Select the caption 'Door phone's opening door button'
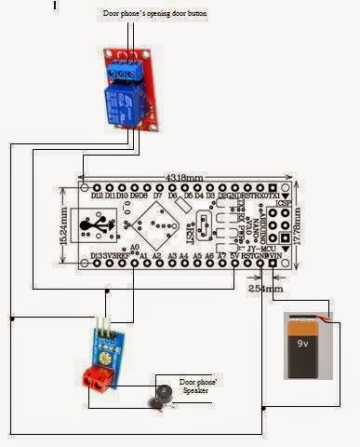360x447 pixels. pyautogui.click(x=153, y=16)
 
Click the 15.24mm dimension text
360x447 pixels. pyautogui.click(x=65, y=224)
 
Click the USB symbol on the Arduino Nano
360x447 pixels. pyautogui.click(x=96, y=224)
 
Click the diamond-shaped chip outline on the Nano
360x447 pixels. pyautogui.click(x=152, y=223)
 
